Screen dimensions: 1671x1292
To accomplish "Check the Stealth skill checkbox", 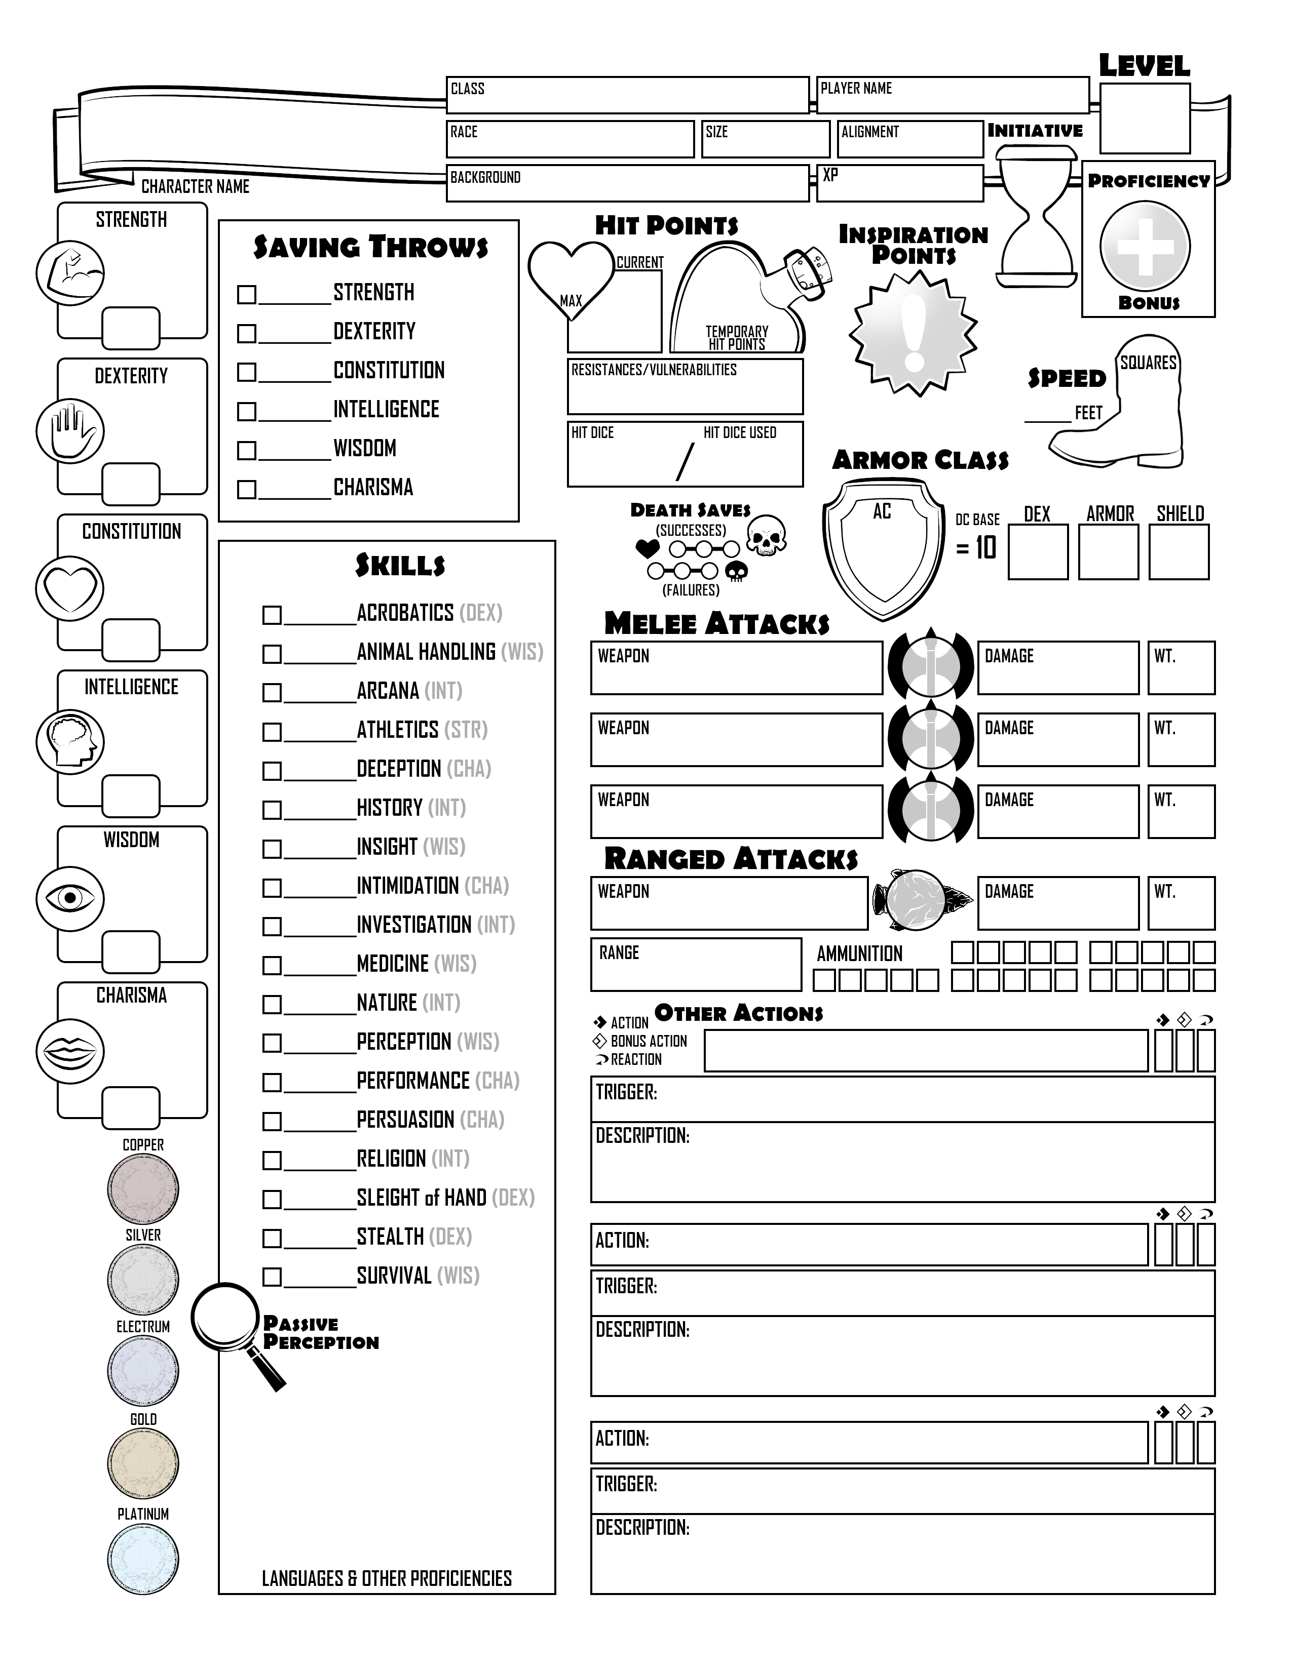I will (x=272, y=1238).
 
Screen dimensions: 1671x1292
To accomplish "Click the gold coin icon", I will (x=143, y=1462).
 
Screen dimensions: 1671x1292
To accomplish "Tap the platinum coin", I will (x=143, y=1559).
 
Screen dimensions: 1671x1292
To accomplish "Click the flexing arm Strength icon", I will (x=70, y=273).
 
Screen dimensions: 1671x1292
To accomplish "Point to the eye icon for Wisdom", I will (x=70, y=897).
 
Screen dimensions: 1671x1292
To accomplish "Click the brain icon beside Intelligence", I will (x=70, y=741).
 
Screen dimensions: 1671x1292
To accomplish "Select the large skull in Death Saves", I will (x=766, y=535).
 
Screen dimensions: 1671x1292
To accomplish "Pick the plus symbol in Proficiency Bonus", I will (x=1145, y=247).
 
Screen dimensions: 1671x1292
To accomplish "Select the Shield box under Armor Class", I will (x=1179, y=551).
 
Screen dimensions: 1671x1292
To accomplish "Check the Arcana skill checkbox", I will (x=272, y=692).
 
